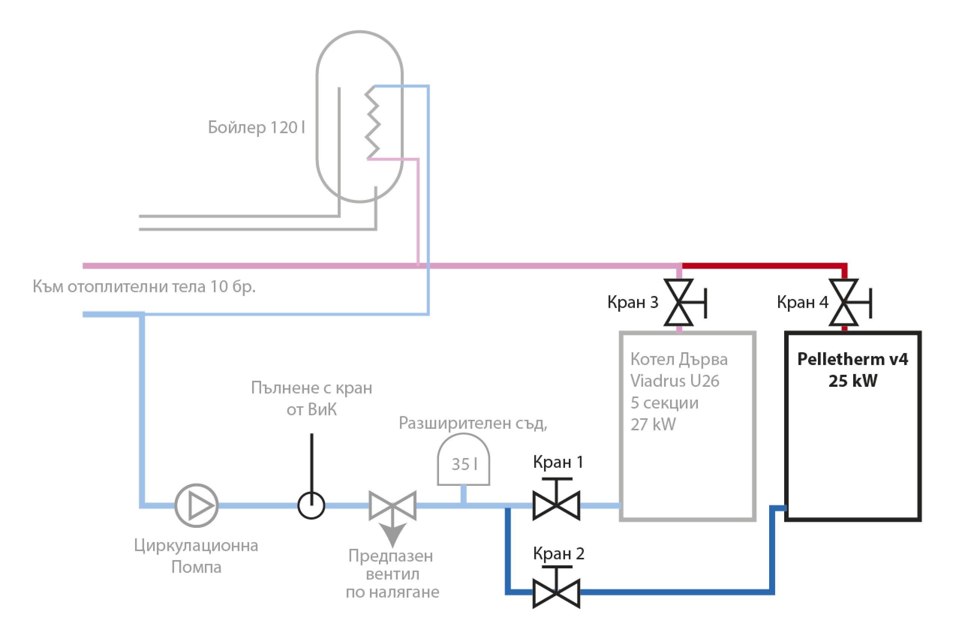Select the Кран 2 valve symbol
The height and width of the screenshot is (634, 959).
coord(556,593)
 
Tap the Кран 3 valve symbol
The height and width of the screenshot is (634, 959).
coord(679,302)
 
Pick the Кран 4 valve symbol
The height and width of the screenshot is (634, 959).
coord(844,302)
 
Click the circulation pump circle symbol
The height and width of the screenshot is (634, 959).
coord(197,505)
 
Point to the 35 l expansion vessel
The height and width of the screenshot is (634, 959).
coord(464,461)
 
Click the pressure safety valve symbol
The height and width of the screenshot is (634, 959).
coord(392,505)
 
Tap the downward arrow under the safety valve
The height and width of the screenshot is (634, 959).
coord(392,535)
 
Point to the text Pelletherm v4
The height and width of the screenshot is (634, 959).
coord(853,359)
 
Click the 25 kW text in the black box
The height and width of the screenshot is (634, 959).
coord(853,381)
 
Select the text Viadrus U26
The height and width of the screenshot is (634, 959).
coord(675,381)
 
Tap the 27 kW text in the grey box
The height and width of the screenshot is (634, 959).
coord(653,425)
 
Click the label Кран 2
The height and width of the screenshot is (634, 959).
coord(559,553)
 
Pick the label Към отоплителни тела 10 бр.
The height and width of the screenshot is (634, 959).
coord(144,287)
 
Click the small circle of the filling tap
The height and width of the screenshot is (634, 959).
coord(311,505)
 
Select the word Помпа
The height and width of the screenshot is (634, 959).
coord(197,567)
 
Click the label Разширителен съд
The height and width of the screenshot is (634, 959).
coord(473,423)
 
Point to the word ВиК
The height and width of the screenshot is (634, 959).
coord(322,410)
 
